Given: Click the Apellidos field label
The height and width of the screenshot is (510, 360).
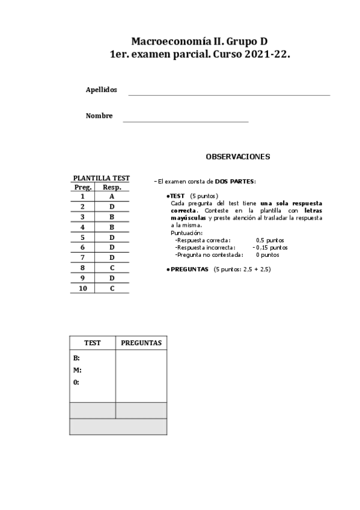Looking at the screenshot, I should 102,90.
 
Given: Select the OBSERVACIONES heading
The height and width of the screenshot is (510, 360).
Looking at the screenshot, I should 237,157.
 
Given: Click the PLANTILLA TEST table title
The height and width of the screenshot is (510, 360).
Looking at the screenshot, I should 101,178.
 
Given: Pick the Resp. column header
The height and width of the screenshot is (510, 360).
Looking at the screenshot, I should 112,187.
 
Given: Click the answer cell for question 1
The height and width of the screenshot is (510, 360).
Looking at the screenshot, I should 112,197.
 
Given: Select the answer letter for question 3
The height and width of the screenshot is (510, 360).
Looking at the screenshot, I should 112,217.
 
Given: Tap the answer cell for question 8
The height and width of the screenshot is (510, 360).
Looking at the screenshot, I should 112,268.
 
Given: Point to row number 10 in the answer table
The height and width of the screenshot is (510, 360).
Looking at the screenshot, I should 82,289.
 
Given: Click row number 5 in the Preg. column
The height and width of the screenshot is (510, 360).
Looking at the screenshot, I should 82,237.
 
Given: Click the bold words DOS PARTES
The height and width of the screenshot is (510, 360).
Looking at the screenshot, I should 234,181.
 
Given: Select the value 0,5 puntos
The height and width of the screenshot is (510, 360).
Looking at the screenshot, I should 270,240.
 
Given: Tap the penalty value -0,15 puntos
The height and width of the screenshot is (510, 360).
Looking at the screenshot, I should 270,247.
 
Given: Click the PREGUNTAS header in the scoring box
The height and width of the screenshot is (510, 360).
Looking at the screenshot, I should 141,343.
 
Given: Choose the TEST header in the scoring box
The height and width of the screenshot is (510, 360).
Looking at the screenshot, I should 93,343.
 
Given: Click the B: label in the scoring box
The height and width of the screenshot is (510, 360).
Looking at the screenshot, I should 77,358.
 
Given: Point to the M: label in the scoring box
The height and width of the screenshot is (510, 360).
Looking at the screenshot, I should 78,370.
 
